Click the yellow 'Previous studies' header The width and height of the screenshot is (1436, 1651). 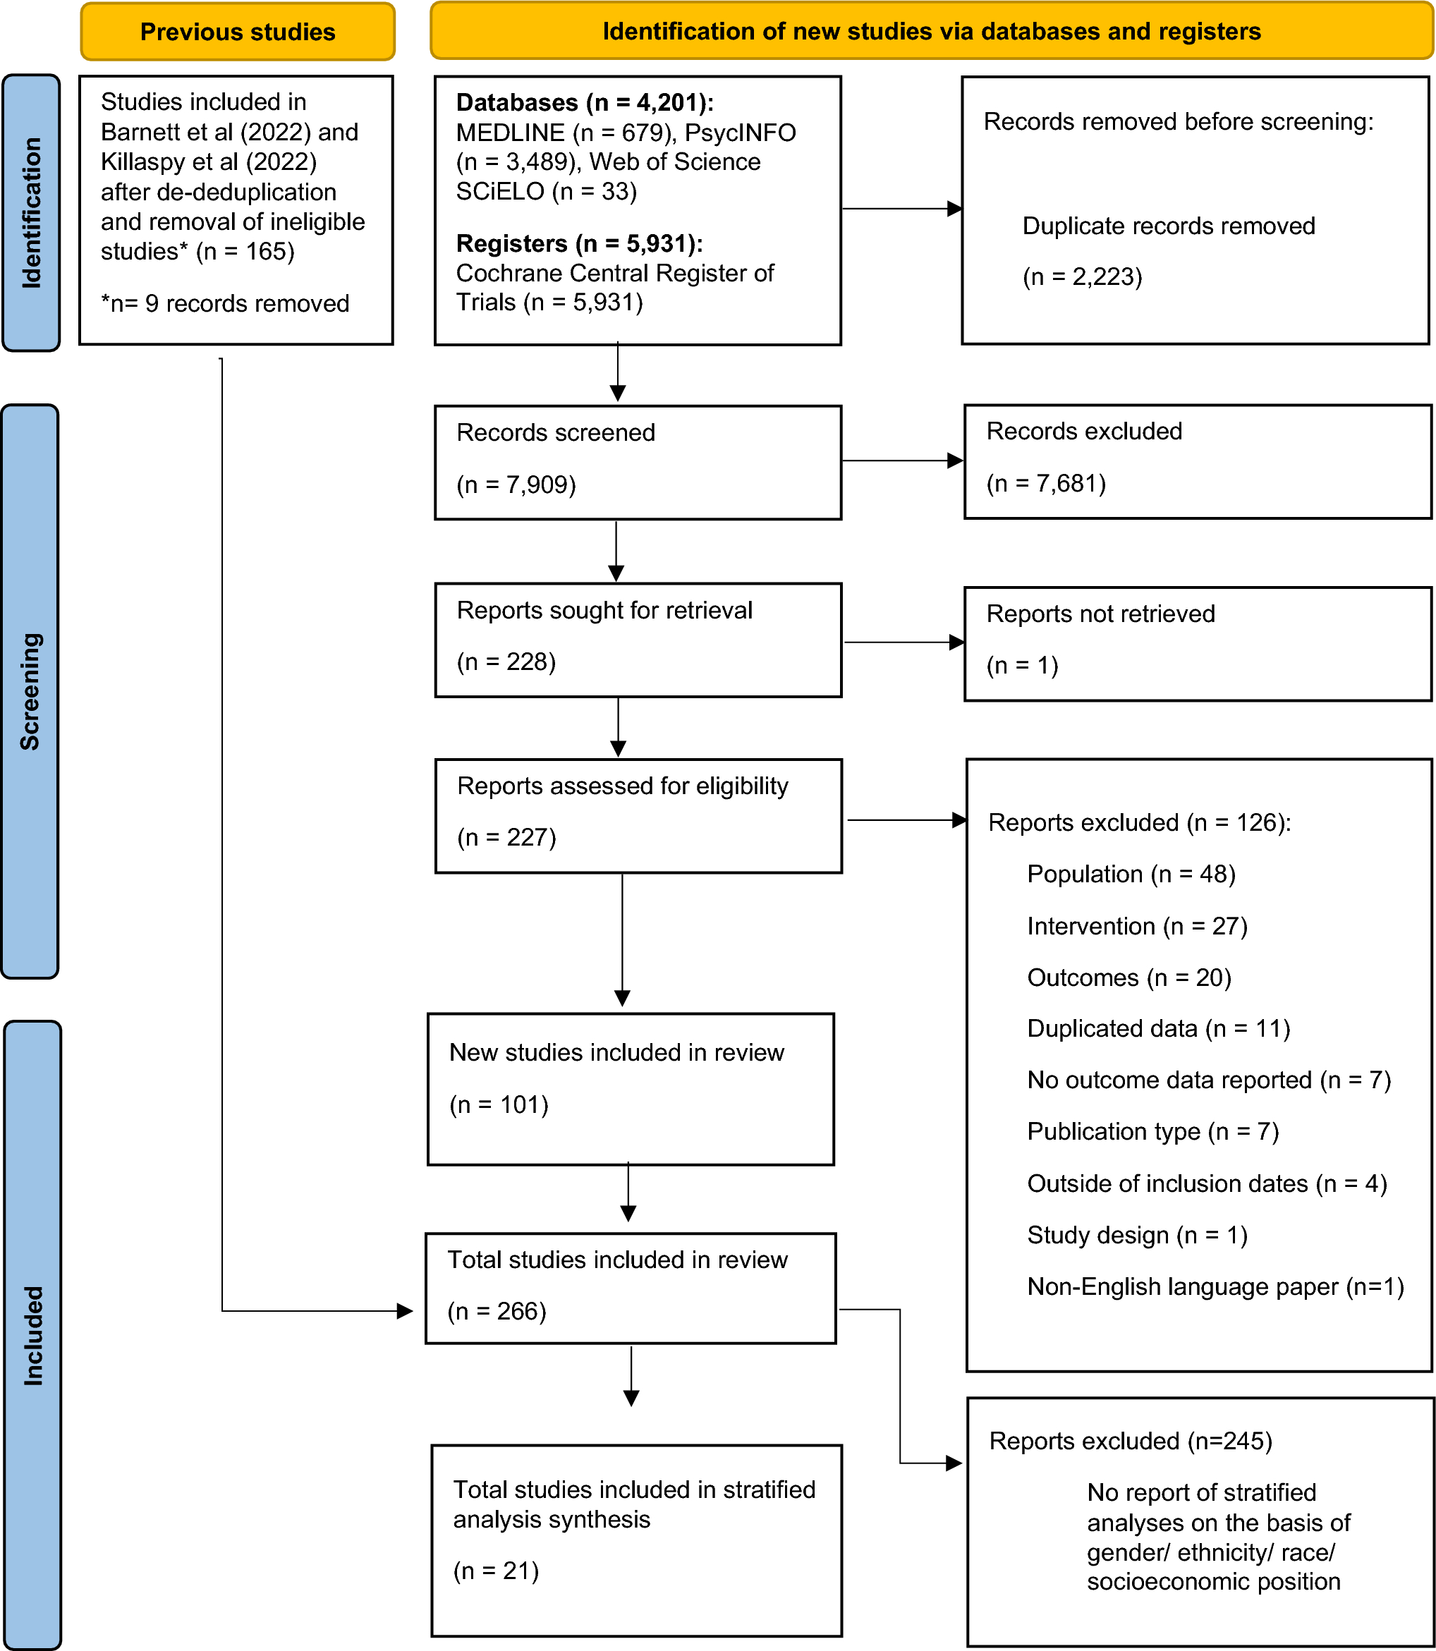pyautogui.click(x=237, y=32)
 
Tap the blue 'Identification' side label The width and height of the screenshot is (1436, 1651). pyautogui.click(x=31, y=212)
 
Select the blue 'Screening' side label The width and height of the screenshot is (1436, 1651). pyautogui.click(x=30, y=690)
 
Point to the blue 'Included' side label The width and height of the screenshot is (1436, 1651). pyautogui.click(x=32, y=1334)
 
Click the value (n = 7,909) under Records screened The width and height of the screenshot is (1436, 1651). pyautogui.click(x=516, y=485)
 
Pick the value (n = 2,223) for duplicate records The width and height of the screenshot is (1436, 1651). pyautogui.click(x=1082, y=277)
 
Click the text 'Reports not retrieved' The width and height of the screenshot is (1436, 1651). pyautogui.click(x=1100, y=614)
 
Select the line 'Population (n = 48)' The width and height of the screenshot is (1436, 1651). pyautogui.click(x=1131, y=874)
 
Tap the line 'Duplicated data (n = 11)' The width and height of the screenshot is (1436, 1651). pyautogui.click(x=1158, y=1028)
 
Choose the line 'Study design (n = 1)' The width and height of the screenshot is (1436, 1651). pyautogui.click(x=1137, y=1234)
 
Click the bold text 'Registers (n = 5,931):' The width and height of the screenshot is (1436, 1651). pyautogui.click(x=579, y=243)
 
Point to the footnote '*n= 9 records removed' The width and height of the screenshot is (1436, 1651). pyautogui.click(x=225, y=303)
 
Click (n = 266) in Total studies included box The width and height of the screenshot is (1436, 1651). pyautogui.click(x=497, y=1311)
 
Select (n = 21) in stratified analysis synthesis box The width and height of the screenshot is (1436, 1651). pyautogui.click(x=496, y=1571)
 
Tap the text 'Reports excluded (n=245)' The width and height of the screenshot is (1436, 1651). pyautogui.click(x=1130, y=1441)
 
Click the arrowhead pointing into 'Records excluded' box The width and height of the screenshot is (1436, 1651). pyautogui.click(x=954, y=461)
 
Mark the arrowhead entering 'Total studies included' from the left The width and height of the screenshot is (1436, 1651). pyautogui.click(x=405, y=1311)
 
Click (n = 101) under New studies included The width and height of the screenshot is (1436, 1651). pyautogui.click(x=499, y=1104)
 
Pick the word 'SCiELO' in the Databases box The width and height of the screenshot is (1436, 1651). pyautogui.click(x=500, y=191)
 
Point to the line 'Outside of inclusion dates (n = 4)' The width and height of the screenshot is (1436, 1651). pyautogui.click(x=1207, y=1183)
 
